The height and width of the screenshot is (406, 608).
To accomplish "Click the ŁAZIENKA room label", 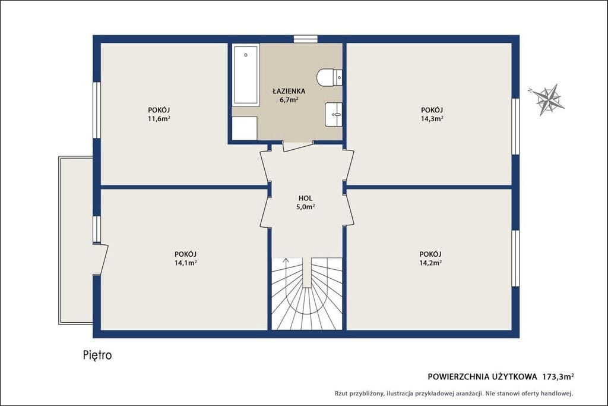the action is coord(289,91).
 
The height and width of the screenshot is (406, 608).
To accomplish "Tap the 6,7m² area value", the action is coord(289,100).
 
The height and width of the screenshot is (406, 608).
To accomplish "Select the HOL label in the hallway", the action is coord(306,199).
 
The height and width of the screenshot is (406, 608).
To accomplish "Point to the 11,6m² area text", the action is coord(159,118).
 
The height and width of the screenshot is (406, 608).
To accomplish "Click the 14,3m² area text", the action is coord(432,118).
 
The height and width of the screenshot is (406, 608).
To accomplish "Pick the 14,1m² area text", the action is coord(185,263).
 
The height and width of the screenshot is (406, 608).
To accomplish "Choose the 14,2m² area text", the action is coord(430,263).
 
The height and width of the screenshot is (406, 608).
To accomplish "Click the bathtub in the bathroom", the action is coord(246,75).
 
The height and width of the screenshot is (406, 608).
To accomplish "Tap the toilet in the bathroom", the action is coord(330,77).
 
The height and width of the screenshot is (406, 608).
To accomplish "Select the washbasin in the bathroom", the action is coord(334,114).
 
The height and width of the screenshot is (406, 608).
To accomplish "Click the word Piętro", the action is coord(97,355).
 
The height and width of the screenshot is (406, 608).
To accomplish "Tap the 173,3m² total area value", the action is coord(558,376).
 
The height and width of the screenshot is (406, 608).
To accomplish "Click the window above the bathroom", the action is coord(306,39).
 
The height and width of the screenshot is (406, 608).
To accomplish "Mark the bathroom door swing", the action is coord(298,147).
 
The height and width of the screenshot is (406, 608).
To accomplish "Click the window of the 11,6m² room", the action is coord(97,110).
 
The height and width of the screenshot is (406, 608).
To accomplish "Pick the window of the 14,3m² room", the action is coord(515,127).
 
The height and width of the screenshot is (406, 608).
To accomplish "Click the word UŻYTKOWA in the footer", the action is coord(515,376).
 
